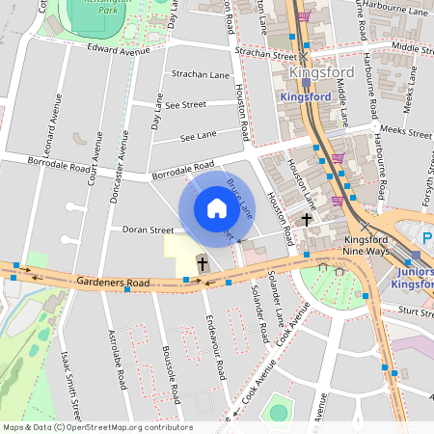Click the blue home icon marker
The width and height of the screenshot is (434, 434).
tap(217, 208)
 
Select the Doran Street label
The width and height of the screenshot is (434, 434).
tap(148, 231)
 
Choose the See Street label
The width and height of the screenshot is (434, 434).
tap(185, 104)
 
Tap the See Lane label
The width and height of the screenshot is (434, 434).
tap(198, 137)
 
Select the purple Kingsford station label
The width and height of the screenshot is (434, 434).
tap(312, 96)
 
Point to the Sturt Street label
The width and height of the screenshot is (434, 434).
tap(417, 312)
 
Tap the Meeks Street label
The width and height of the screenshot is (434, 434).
tap(406, 128)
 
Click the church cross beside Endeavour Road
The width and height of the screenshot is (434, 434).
tap(203, 262)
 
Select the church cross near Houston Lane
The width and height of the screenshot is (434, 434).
tap(307, 219)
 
